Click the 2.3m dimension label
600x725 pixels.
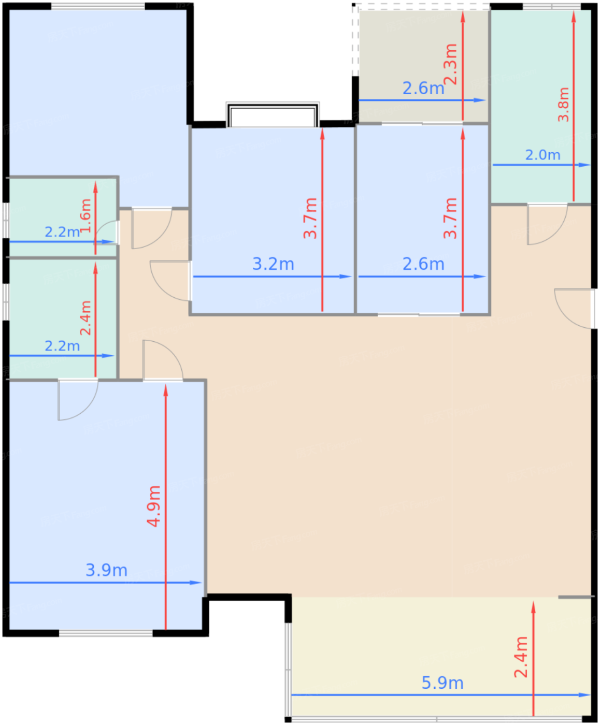click(451, 64)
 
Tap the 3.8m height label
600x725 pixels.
click(563, 105)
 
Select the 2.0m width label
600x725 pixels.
click(542, 155)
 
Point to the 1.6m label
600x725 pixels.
click(85, 215)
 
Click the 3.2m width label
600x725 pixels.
click(273, 264)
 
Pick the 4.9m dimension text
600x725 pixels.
click(153, 506)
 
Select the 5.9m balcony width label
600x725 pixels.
click(442, 683)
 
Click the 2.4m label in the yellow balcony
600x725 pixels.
click(521, 657)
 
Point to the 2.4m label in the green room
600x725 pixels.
click(85, 318)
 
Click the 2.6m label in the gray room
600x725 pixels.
click(423, 88)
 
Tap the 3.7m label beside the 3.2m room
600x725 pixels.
click(310, 218)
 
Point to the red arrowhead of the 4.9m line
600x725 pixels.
click(166, 390)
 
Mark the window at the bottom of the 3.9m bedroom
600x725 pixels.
click(106, 633)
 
